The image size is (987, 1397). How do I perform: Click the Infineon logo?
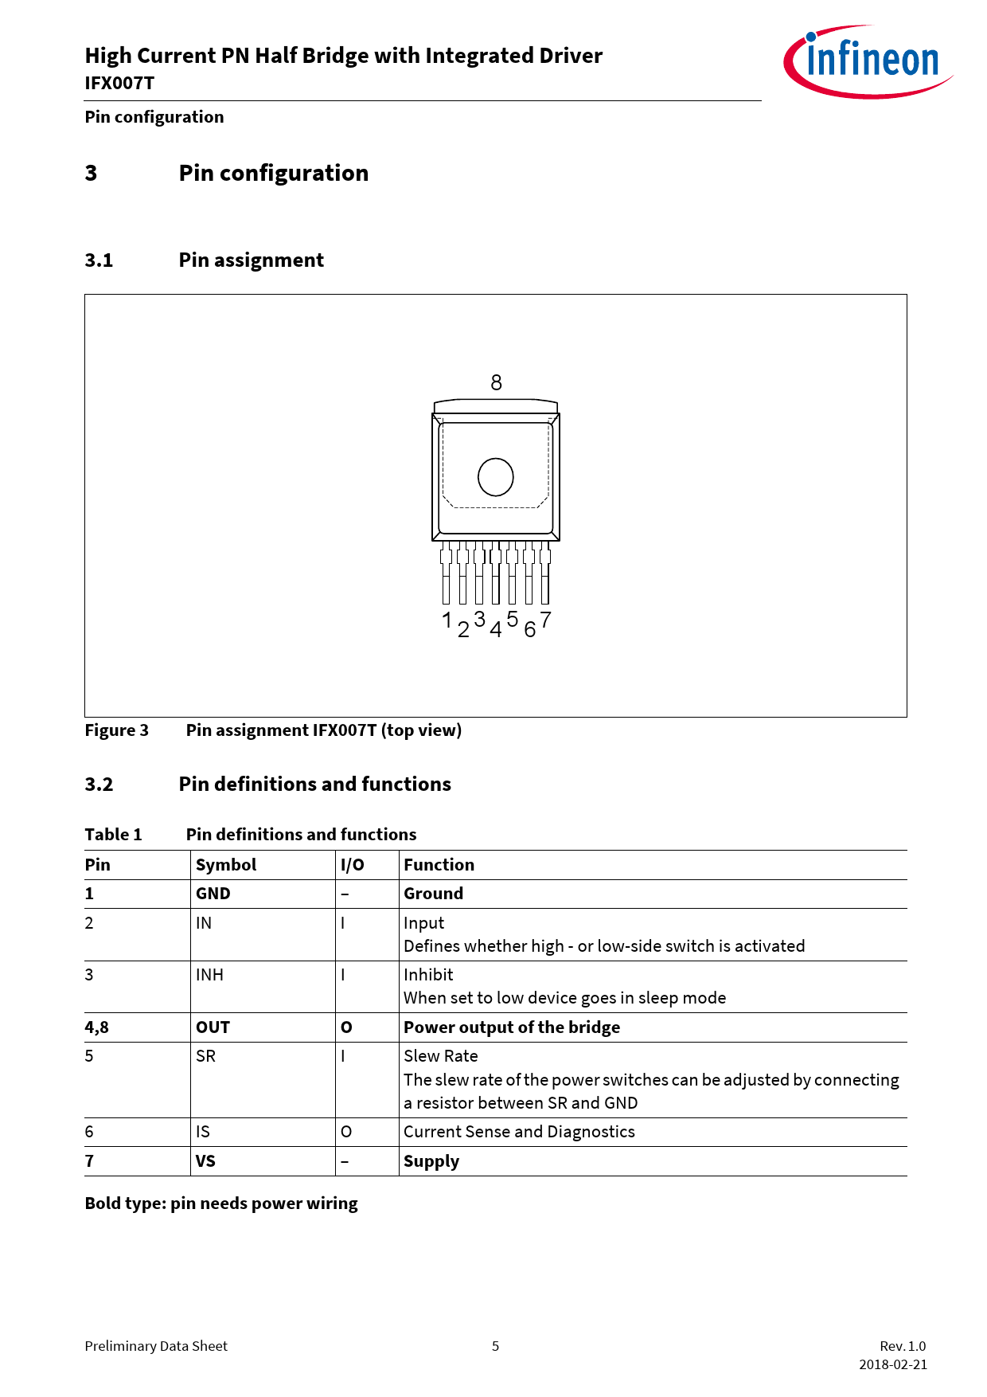868,61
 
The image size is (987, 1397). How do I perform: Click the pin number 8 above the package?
496,383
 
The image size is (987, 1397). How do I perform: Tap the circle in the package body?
495,477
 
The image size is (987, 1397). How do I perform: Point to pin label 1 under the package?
447,620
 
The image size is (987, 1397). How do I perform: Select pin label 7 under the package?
545,620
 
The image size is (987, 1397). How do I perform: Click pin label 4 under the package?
495,630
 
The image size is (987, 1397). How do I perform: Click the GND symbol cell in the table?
213,894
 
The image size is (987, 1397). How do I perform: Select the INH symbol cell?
209,975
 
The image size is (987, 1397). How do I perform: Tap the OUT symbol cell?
213,1027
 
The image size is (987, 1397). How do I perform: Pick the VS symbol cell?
205,1161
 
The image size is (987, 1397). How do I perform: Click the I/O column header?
352,865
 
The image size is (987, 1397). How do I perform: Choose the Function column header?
439,865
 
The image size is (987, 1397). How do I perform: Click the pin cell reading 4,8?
96,1027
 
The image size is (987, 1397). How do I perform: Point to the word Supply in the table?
431,1161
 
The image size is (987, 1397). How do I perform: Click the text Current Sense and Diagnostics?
519,1132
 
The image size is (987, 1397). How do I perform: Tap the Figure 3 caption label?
116,730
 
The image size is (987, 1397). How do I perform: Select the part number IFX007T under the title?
119,84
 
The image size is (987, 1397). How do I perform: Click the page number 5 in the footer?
495,1346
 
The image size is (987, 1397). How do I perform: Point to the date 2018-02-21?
892,1364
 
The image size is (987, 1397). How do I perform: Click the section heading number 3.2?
99,785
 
